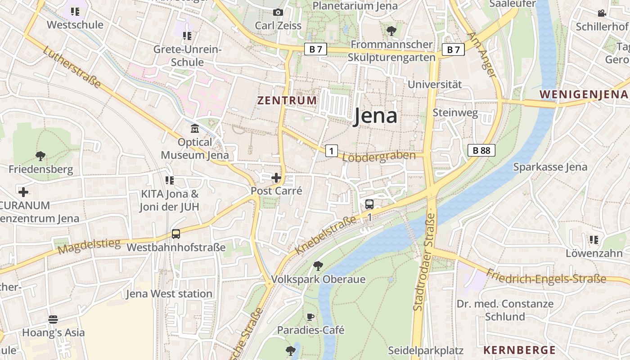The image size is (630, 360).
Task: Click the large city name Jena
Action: coord(375,116)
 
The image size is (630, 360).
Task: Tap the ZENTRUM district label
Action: coord(287,100)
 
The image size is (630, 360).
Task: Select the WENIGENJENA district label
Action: coord(583,94)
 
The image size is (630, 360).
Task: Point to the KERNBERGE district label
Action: coord(519,350)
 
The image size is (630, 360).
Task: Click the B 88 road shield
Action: coord(481,150)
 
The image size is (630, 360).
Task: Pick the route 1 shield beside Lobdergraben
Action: coord(331,151)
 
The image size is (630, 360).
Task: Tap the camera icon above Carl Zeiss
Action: coord(278,12)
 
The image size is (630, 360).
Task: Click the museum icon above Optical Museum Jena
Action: coord(195,129)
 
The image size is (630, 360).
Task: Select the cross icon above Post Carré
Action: coord(276,178)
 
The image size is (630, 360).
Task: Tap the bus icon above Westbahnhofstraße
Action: coord(175,234)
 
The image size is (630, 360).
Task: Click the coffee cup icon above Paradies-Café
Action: coord(310,317)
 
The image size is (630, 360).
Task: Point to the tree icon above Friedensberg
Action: coord(40,156)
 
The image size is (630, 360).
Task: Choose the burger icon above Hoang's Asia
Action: coord(53,319)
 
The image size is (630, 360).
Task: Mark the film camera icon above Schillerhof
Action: coord(602,13)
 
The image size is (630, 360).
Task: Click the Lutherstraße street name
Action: coord(72,67)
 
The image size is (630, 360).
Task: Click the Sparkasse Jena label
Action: coord(550,167)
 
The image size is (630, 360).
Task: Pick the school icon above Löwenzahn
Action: coord(594,240)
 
